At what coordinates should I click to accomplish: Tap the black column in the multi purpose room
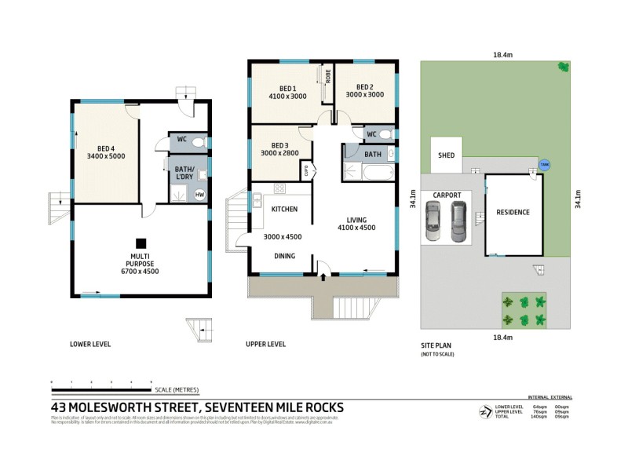click(141, 243)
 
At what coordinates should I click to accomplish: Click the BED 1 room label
click(287, 87)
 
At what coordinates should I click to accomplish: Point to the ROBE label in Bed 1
click(329, 77)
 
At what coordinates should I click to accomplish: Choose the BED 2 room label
click(364, 87)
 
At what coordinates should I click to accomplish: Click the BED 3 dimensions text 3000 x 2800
click(280, 154)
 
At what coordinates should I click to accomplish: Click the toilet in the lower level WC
click(199, 142)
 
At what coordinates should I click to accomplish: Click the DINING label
click(284, 256)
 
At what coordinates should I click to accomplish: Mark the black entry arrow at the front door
click(323, 276)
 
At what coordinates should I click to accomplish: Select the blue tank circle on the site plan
click(544, 165)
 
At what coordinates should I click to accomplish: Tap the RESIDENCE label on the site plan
click(513, 212)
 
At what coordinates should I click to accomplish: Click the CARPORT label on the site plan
click(445, 195)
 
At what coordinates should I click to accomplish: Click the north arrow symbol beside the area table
click(481, 411)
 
